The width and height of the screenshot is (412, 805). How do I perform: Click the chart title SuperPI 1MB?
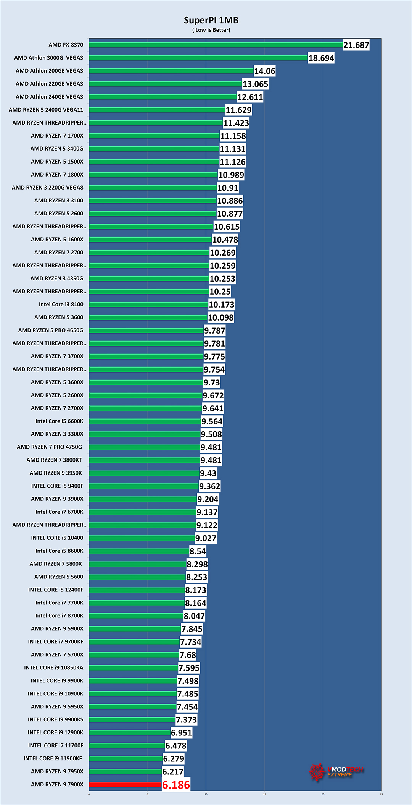click(211, 20)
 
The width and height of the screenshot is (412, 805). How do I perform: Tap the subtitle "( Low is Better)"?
click(211, 30)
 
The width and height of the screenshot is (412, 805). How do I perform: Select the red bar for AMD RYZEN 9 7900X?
click(125, 785)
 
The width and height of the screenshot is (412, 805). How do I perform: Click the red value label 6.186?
click(176, 785)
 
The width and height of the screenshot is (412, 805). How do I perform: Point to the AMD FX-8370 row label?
click(66, 45)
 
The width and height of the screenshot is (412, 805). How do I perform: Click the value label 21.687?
click(356, 45)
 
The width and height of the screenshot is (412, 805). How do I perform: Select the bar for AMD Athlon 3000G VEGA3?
click(198, 58)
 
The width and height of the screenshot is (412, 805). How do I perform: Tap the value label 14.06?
click(264, 71)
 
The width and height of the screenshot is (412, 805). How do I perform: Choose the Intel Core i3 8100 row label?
click(61, 304)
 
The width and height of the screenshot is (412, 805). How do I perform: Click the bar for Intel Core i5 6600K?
click(145, 421)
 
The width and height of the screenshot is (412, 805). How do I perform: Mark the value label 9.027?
click(206, 538)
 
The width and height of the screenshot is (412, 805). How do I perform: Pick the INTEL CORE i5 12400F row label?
click(56, 590)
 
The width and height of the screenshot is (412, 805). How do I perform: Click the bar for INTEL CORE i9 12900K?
click(130, 732)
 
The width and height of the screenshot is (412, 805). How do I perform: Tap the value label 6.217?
click(173, 772)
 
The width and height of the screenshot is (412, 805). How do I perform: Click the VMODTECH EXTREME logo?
click(336, 772)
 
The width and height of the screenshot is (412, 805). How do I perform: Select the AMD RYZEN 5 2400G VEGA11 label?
click(46, 110)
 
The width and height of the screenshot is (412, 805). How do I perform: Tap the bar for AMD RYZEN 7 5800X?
click(137, 564)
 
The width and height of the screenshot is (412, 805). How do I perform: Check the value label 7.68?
click(188, 655)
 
